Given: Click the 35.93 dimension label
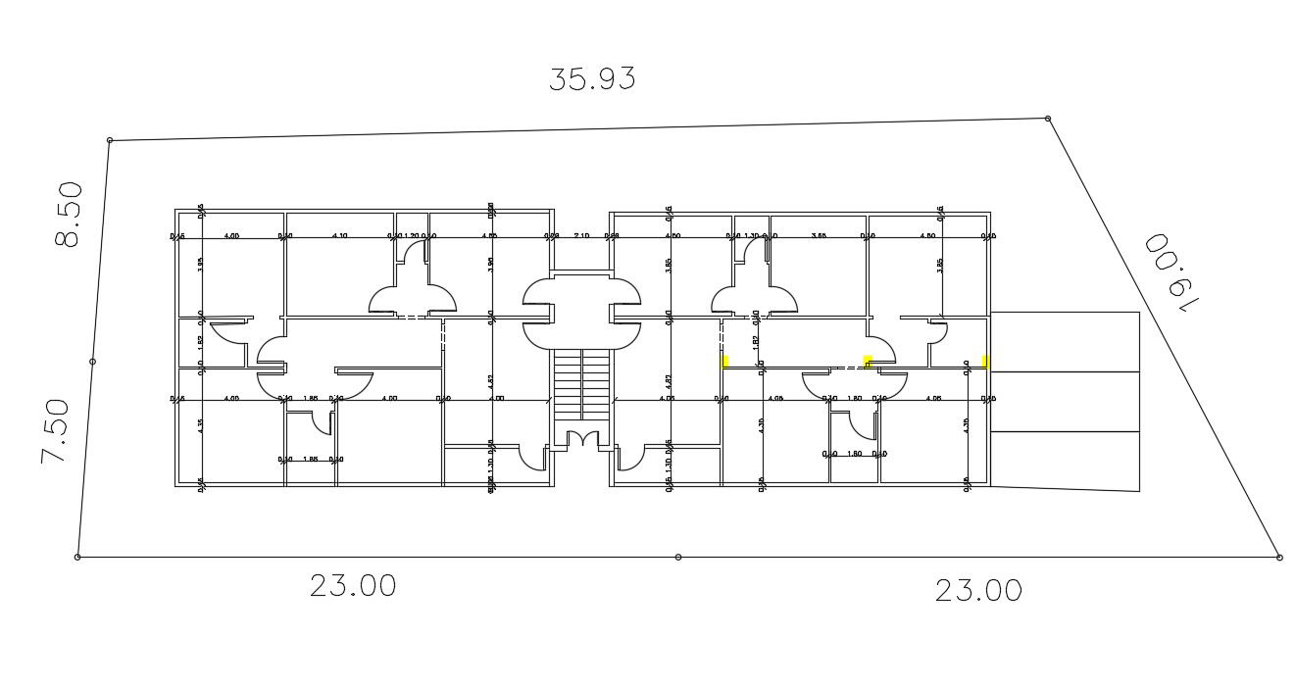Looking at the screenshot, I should [591, 79].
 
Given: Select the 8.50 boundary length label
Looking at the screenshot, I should [68, 215].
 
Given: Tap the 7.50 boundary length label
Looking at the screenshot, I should [55, 431].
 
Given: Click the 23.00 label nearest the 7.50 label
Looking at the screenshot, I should [353, 586].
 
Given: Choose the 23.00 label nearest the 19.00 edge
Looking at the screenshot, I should [977, 591].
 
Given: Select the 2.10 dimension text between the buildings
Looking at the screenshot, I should [581, 236].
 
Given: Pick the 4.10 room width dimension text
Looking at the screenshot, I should [340, 236].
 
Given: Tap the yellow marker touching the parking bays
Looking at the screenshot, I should [985, 362].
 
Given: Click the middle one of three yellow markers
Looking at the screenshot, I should [868, 361].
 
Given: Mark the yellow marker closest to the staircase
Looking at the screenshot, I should [725, 361].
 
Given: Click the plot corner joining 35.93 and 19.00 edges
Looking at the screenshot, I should [1048, 119].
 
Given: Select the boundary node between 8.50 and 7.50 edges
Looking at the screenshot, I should [92, 362].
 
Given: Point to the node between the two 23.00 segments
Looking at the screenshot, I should [678, 557].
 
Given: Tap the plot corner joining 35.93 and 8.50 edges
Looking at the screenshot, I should [110, 140].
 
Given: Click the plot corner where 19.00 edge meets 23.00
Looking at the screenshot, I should [1279, 557].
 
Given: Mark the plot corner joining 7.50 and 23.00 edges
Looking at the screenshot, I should [77, 557].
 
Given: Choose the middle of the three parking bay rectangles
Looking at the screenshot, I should [1065, 402].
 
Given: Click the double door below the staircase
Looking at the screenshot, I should [582, 440].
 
